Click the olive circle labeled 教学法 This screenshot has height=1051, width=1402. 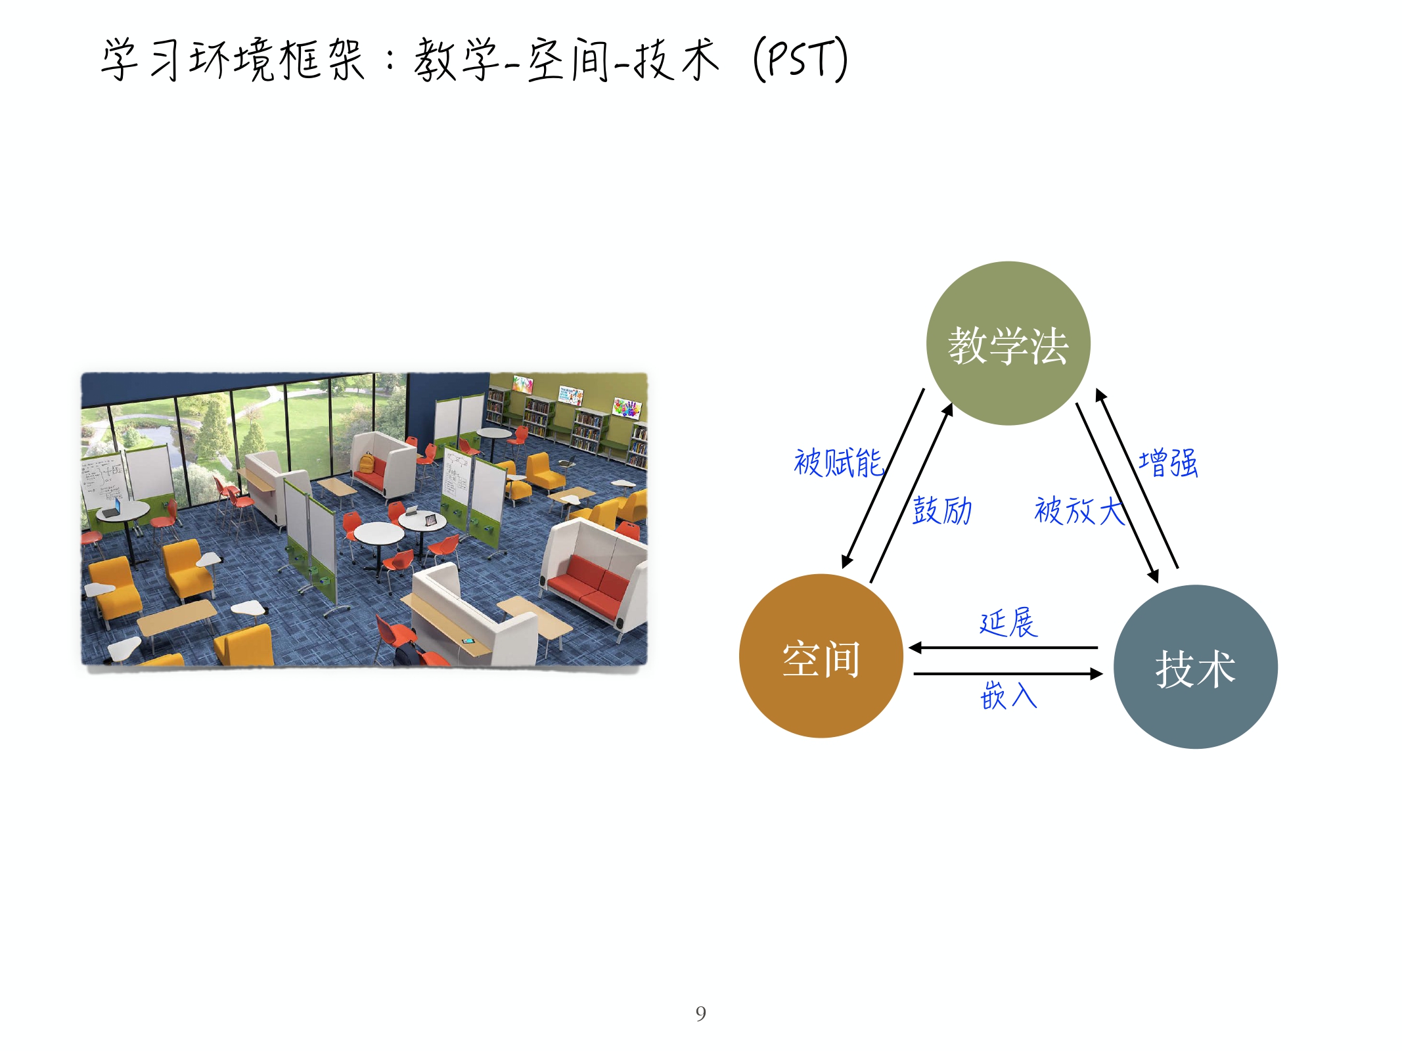pos(1008,344)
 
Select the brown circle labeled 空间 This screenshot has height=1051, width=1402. pos(821,656)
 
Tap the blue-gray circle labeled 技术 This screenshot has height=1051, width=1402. pos(1196,667)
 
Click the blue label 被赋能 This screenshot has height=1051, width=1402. pos(838,462)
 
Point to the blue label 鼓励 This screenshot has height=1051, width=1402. pos(942,510)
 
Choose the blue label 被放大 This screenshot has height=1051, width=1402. pos(1079,510)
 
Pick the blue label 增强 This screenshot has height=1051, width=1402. pos(1168,462)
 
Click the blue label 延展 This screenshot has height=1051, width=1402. pos(1008,623)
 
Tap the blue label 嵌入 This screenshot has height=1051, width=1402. pos(1008,695)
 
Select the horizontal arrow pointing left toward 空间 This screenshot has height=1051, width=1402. pos(1003,648)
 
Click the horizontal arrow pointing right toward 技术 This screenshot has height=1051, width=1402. pos(1008,674)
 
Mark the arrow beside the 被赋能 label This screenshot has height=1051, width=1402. pos(883,478)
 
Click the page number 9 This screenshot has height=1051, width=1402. pos(701,1014)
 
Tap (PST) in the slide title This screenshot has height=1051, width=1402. pos(801,59)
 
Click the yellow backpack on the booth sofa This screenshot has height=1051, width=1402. pos(366,464)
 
